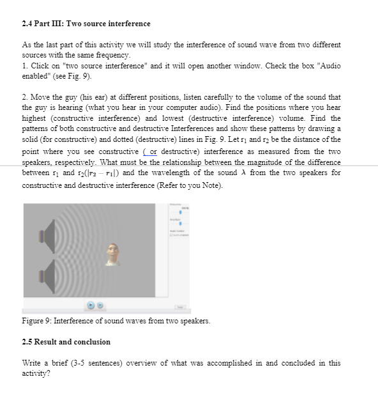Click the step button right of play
(101, 307)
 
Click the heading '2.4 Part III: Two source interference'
(86, 24)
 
